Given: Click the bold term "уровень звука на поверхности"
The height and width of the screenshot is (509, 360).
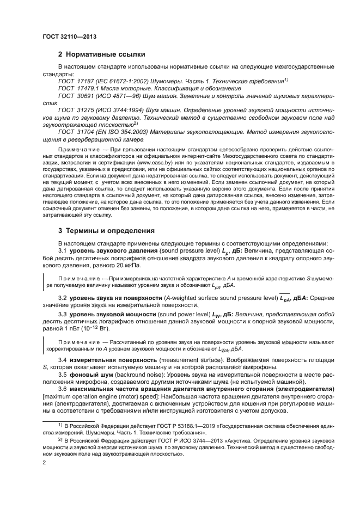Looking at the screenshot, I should (112, 298).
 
